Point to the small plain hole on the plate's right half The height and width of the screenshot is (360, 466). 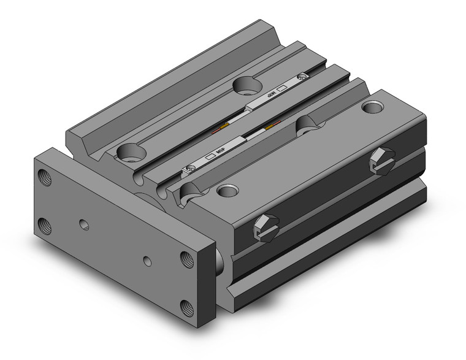click(147, 261)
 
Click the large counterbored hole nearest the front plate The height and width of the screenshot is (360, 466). click(131, 150)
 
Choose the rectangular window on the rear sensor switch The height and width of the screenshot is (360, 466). click(283, 88)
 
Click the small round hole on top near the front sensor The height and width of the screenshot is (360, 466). click(228, 190)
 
